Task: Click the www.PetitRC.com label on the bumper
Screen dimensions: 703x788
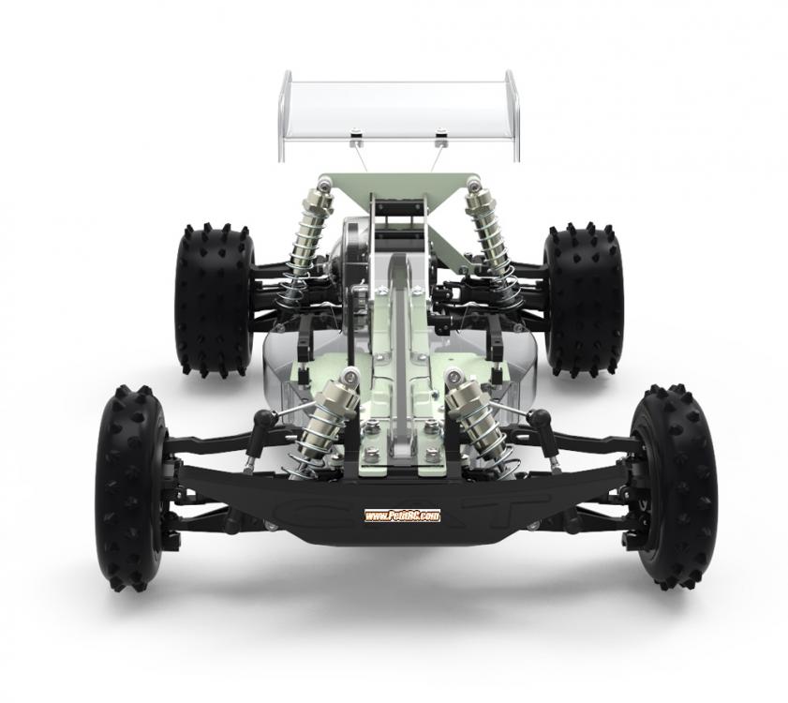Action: pyautogui.click(x=402, y=516)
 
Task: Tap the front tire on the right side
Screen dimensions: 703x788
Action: pyautogui.click(x=673, y=487)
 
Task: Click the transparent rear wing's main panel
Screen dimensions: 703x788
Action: pyautogui.click(x=398, y=108)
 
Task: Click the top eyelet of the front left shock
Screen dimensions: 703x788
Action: pyautogui.click(x=350, y=377)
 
